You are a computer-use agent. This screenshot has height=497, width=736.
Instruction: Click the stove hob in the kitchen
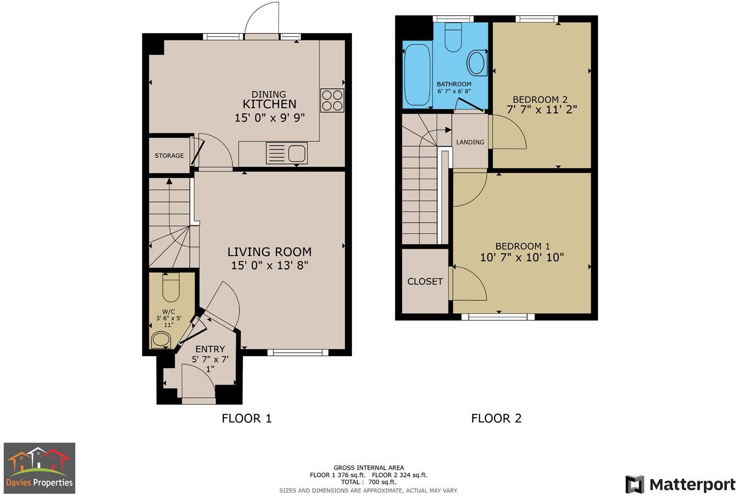(332, 100)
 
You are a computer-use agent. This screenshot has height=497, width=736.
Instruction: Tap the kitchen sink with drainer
(286, 153)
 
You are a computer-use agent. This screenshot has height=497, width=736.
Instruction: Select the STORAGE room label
(169, 156)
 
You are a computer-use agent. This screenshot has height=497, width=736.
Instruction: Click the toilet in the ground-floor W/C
(171, 287)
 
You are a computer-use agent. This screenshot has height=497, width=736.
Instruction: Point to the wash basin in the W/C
(160, 339)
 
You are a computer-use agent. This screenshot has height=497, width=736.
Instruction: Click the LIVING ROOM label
(269, 252)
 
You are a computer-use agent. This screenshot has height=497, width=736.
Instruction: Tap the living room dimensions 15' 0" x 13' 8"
(269, 265)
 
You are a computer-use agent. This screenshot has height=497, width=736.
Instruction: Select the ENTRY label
(210, 349)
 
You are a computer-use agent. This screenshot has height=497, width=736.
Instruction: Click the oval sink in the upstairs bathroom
(476, 62)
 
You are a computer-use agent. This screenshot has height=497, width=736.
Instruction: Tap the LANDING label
(470, 142)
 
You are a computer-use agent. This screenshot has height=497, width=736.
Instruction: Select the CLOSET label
(425, 281)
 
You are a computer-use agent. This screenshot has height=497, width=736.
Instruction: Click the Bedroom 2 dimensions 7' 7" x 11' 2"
(542, 110)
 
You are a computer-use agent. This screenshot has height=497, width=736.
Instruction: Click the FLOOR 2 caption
(496, 418)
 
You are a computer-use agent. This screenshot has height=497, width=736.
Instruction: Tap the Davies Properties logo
(40, 468)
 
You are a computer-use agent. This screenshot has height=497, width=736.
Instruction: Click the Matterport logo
(680, 484)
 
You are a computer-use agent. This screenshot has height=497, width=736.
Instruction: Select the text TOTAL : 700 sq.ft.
(368, 482)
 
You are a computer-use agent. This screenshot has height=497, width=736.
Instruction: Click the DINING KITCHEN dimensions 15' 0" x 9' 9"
(270, 117)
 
